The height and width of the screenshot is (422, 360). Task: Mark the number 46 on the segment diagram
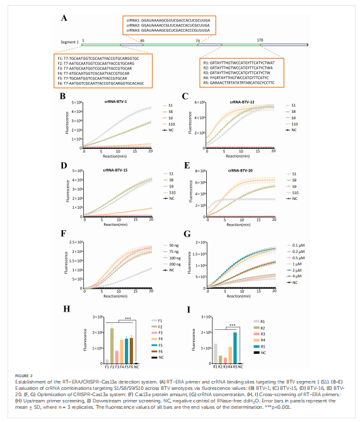tap(142, 40)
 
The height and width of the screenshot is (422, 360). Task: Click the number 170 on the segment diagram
tap(260, 40)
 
